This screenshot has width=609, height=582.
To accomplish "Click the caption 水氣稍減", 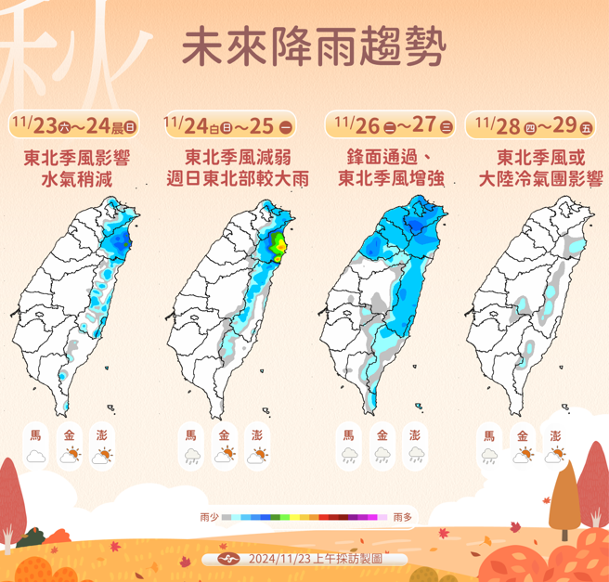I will coord(75,179).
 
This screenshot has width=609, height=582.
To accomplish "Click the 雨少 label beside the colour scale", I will coord(209,516).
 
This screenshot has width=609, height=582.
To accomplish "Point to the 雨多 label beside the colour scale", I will coord(402,516).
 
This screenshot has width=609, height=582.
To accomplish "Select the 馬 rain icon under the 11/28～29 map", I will coord(489,455).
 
